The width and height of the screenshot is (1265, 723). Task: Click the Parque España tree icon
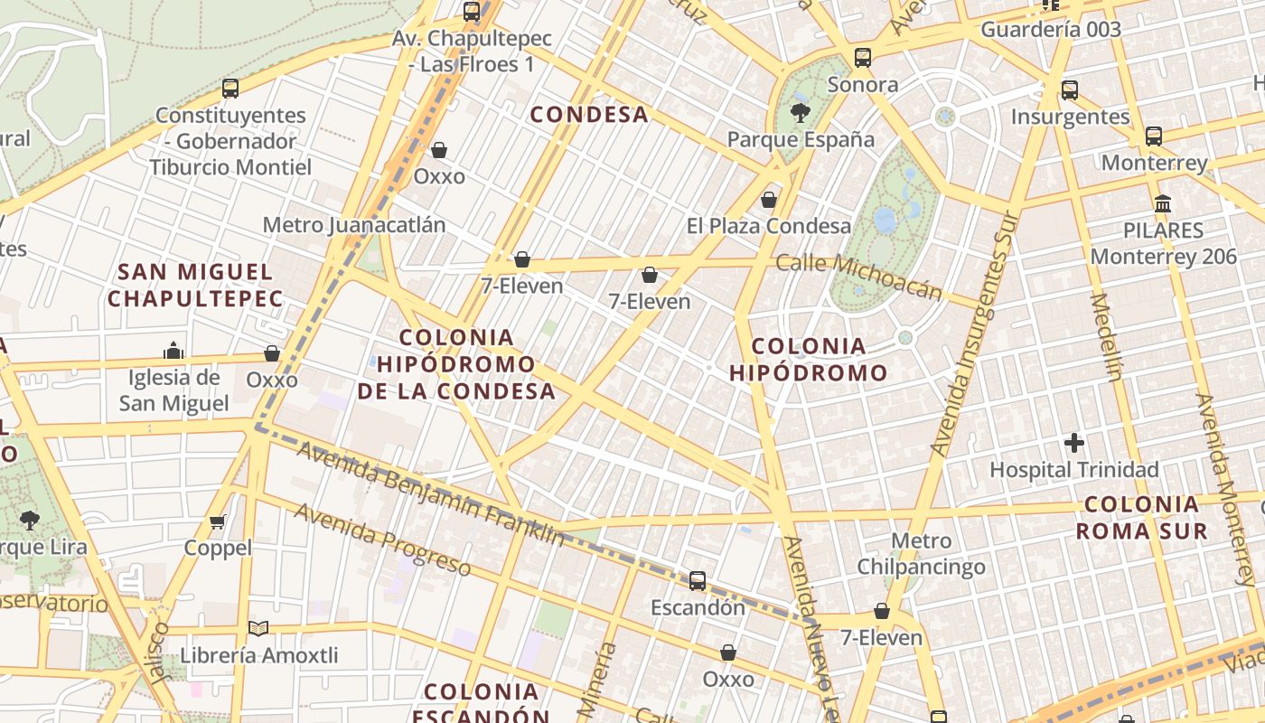coord(800,112)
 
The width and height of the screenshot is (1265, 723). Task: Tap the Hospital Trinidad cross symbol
coord(1074,443)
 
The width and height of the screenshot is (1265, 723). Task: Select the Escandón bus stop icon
coord(698,580)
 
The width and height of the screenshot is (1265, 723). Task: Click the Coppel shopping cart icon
coord(218,521)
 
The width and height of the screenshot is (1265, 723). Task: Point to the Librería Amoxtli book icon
coord(258,628)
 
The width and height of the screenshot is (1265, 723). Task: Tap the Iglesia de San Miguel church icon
coord(173,351)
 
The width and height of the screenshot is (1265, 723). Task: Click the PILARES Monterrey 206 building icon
coord(1163,203)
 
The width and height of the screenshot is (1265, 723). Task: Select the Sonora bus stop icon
coord(863,58)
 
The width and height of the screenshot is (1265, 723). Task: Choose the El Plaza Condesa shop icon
coord(769,199)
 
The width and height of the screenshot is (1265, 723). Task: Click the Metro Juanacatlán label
coord(354,225)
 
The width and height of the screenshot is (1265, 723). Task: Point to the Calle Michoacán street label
coord(859,276)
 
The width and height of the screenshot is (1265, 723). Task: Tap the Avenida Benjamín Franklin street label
coord(430,493)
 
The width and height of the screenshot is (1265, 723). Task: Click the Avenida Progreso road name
coord(381,540)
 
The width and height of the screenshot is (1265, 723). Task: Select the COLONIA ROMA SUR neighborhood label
coord(1142,517)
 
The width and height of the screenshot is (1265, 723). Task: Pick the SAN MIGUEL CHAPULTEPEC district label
coord(194,285)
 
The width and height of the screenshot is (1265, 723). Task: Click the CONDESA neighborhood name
coord(589,115)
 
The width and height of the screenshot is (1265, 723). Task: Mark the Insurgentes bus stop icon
coord(1070,89)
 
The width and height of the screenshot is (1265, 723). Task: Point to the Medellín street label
coord(1107,336)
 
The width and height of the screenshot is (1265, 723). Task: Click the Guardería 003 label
coord(1051,29)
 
